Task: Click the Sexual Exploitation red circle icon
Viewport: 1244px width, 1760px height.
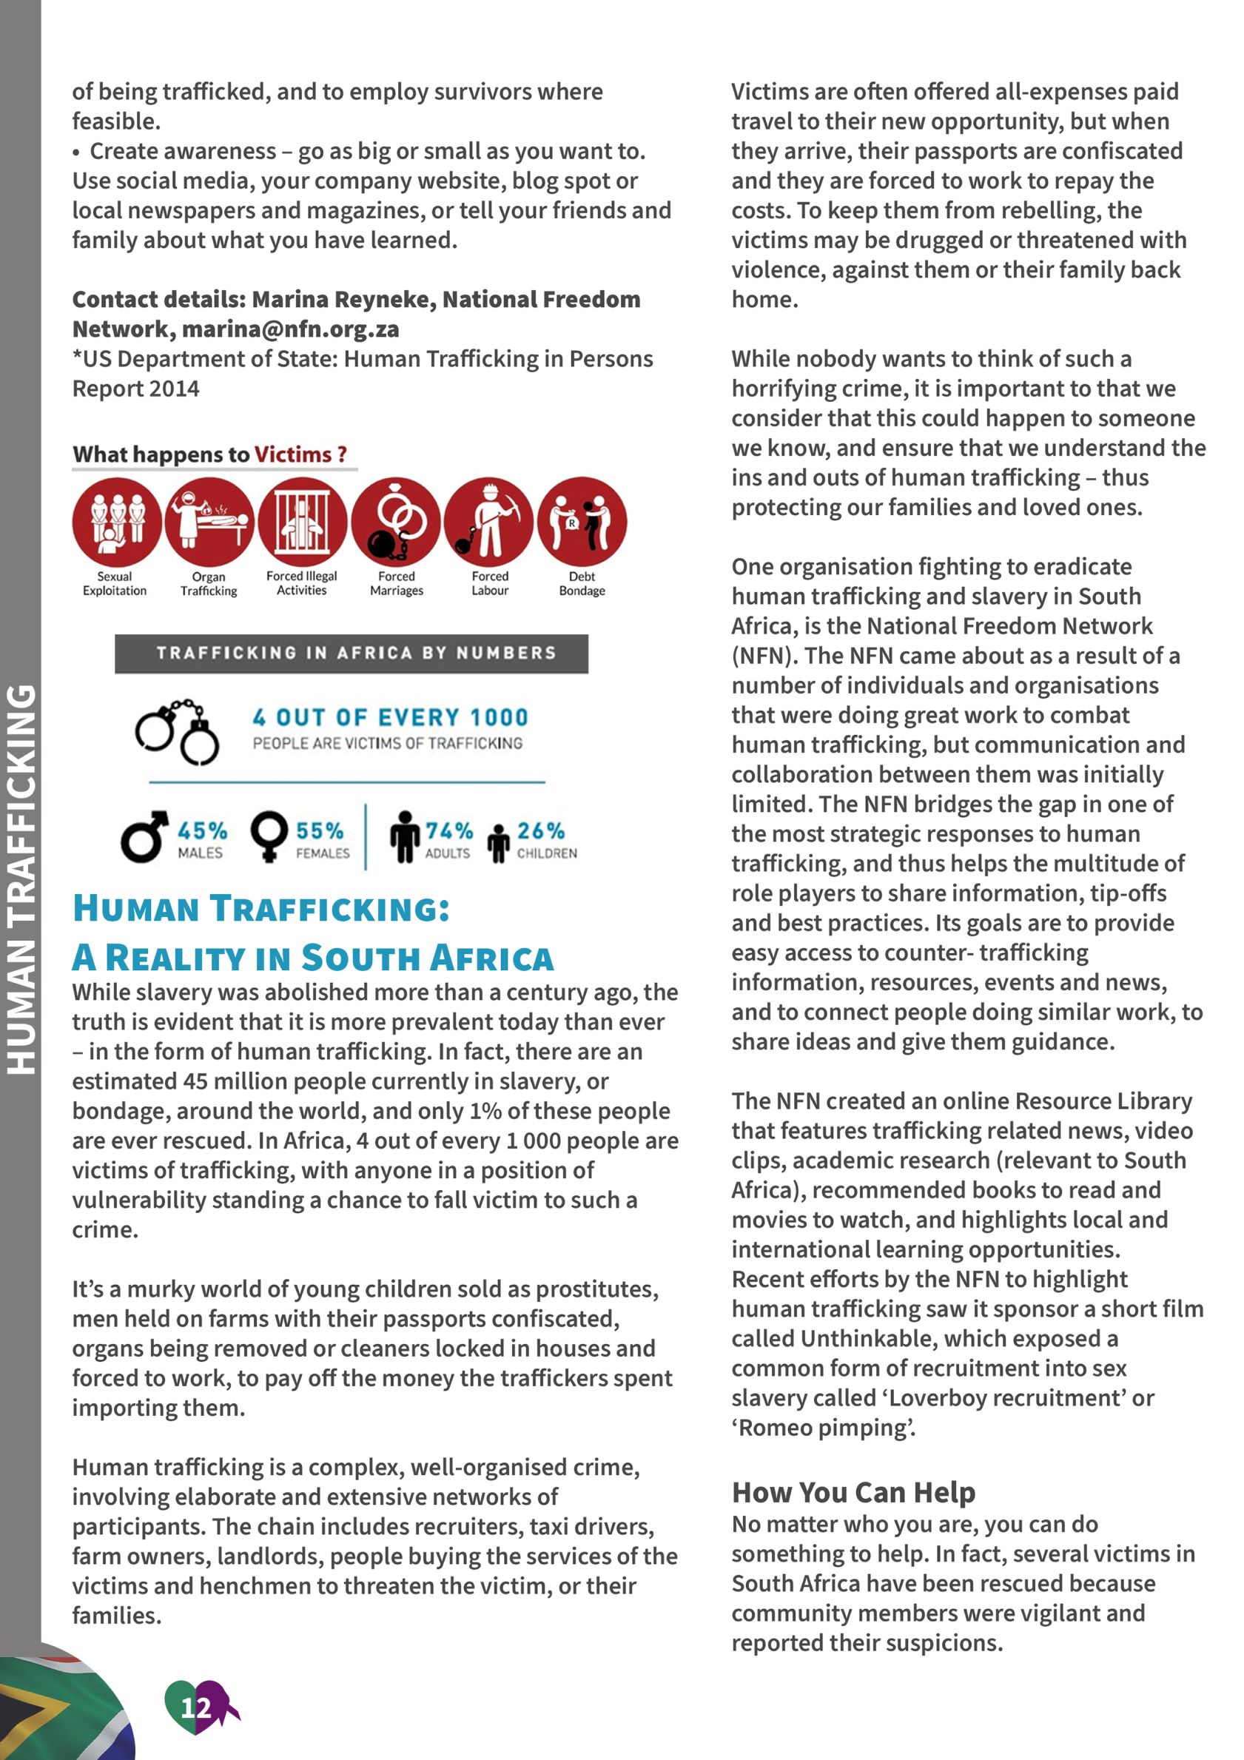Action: (116, 522)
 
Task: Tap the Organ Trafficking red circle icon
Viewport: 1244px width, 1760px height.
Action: (209, 522)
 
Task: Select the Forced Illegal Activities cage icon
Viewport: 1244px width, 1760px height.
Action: (303, 522)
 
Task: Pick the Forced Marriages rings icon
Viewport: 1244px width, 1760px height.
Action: (396, 522)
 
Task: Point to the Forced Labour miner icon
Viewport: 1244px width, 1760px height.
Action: (489, 522)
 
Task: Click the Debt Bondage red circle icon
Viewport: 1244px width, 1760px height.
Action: (582, 522)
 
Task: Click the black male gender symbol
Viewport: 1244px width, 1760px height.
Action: (144, 837)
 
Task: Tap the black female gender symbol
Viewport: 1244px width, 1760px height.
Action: (269, 837)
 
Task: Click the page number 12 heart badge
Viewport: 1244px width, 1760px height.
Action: (197, 1707)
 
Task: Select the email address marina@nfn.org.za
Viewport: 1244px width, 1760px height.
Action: (291, 329)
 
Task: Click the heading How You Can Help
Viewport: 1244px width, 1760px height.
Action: (853, 1493)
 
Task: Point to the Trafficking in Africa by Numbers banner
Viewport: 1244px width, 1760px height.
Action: (352, 653)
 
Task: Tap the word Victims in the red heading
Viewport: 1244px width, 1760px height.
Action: (293, 454)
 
